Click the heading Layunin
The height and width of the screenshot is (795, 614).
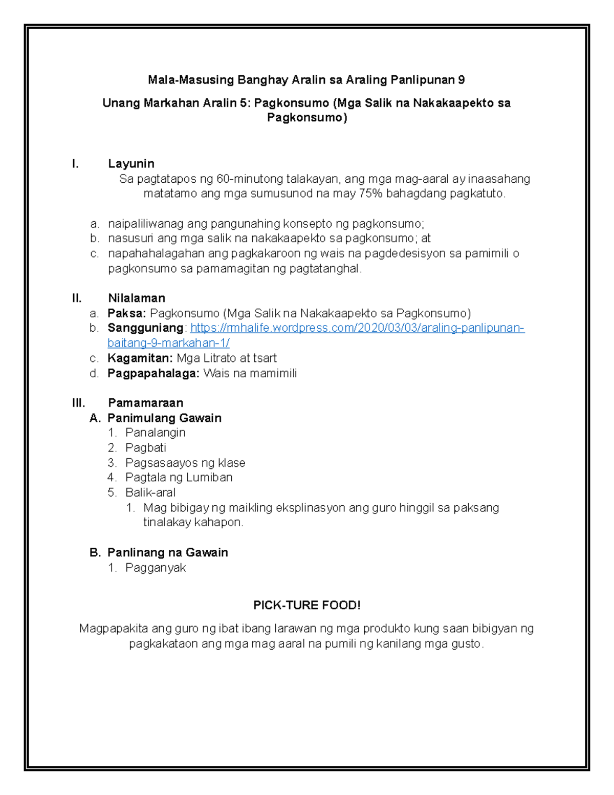tap(131, 164)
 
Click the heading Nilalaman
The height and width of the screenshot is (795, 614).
tap(136, 298)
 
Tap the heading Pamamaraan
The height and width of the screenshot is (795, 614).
tap(145, 403)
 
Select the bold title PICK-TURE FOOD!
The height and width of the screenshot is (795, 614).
tap(307, 606)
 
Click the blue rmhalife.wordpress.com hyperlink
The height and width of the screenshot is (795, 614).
tap(357, 328)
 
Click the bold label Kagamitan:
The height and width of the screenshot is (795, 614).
tap(140, 358)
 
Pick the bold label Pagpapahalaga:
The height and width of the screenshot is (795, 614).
tap(153, 373)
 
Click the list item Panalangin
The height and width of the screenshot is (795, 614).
tap(156, 433)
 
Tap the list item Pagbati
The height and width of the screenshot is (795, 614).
tap(146, 448)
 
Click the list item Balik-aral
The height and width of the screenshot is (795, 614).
tap(150, 492)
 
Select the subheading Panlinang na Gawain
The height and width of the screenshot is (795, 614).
tap(167, 553)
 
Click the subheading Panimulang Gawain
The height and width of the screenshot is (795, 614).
tap(164, 418)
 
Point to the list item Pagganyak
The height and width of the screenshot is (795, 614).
tap(156, 568)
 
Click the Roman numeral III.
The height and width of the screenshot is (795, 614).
tap(78, 403)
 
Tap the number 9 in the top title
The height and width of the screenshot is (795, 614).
tap(462, 80)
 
